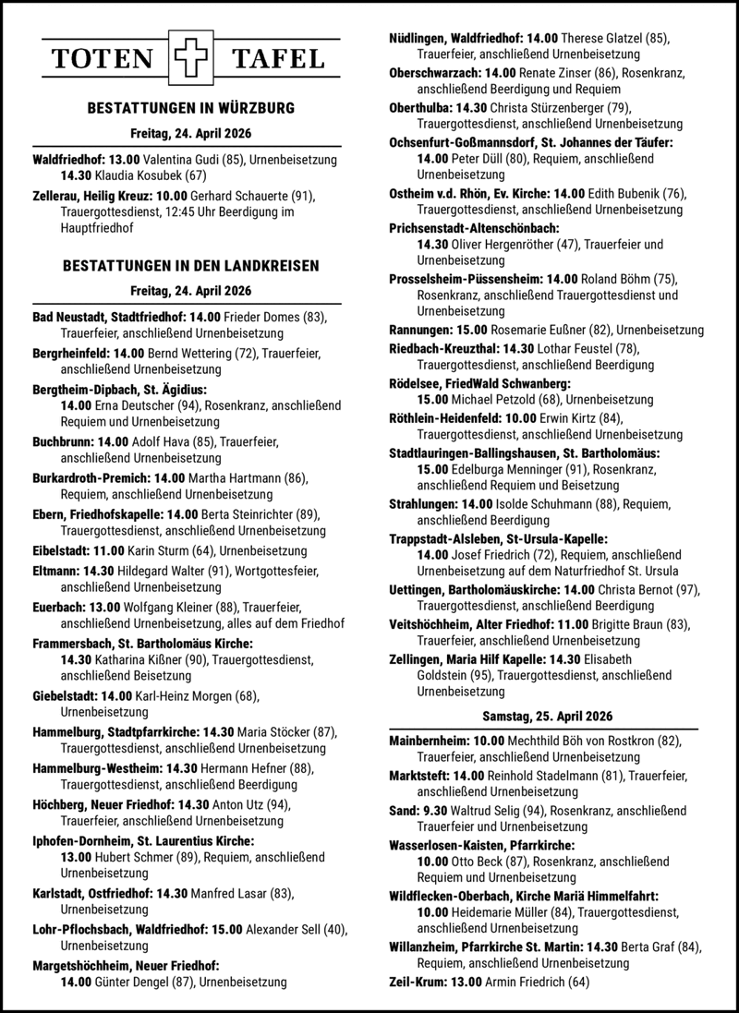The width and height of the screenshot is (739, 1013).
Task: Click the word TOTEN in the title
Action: [x=103, y=60]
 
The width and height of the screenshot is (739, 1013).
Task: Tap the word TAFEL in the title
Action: [x=278, y=60]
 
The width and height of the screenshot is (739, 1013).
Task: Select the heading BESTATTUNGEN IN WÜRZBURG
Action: [x=190, y=108]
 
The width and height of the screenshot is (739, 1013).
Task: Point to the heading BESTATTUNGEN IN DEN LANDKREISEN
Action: [x=190, y=265]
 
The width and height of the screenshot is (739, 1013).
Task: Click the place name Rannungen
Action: [x=422, y=330]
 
